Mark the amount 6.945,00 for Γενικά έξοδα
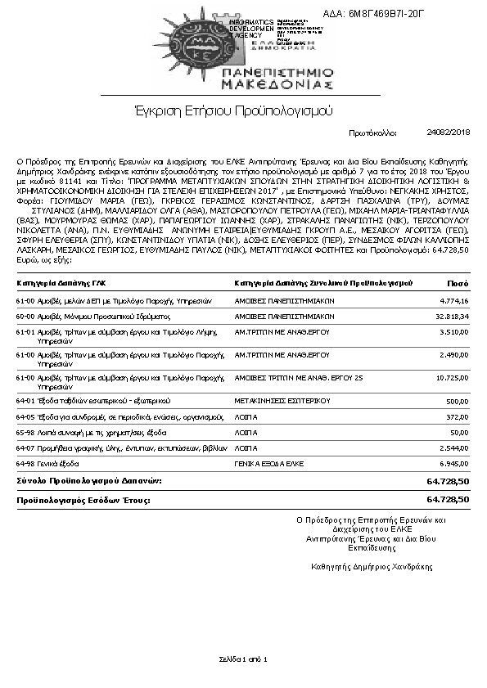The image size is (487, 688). point(453,463)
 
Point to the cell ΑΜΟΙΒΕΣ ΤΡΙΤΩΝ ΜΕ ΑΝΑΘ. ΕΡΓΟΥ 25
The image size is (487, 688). point(298,378)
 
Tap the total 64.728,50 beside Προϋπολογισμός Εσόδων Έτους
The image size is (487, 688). point(448,498)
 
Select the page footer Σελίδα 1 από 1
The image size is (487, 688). point(243,659)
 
